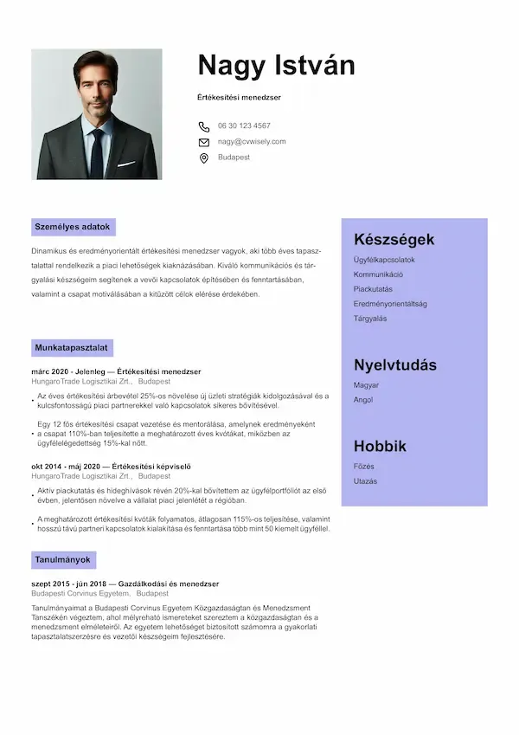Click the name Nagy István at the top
pos(276,66)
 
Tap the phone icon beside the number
pos(204,126)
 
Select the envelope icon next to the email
pos(204,142)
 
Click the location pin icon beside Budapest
pos(204,158)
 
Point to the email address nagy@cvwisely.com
pos(252,141)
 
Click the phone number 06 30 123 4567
pos(244,126)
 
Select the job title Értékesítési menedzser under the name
pos(239,97)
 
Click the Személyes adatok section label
pos(73,227)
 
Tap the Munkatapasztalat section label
pos(71,347)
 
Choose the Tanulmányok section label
pos(63,560)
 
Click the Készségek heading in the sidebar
pos(394,240)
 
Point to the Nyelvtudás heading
pos(394,364)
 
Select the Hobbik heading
pos(379,447)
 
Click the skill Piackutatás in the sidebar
pos(373,289)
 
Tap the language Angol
pos(363,400)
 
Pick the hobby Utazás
pos(365,481)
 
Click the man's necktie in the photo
pos(97,152)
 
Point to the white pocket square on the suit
pos(126,163)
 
